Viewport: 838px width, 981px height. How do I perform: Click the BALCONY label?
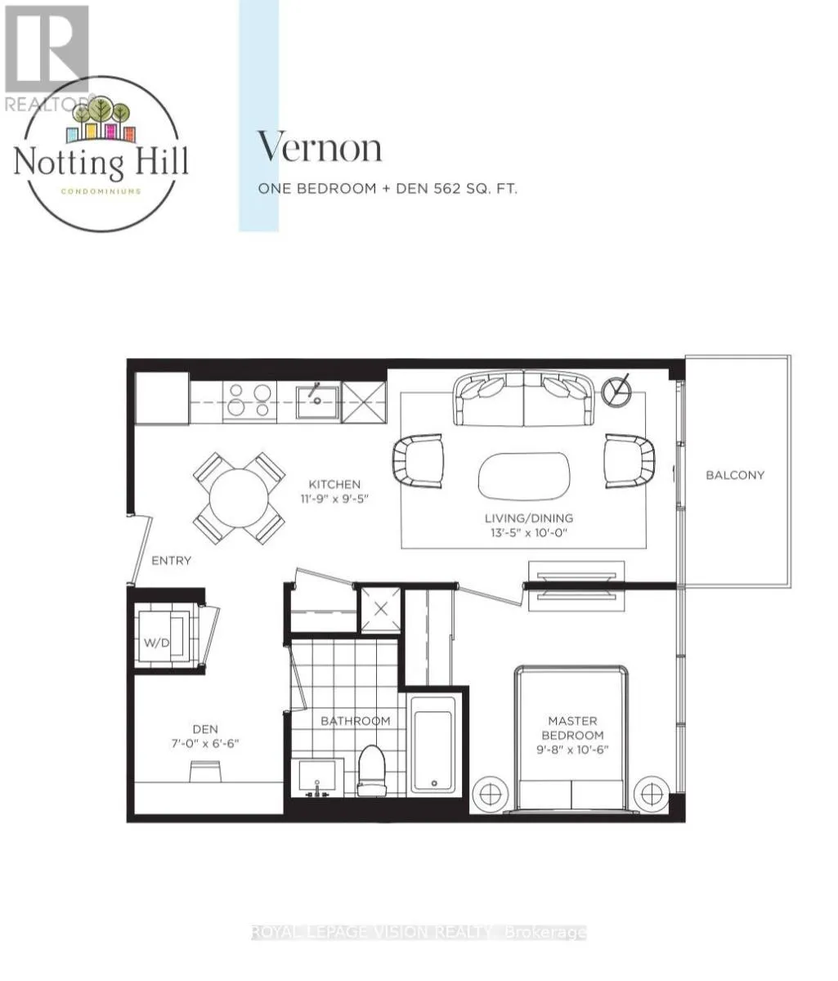click(x=734, y=475)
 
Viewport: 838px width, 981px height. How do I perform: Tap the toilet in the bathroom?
click(x=371, y=770)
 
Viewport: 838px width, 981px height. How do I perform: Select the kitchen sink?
click(x=317, y=402)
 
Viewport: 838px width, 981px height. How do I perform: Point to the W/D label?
click(x=157, y=643)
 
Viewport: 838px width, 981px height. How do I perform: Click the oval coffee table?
click(x=523, y=476)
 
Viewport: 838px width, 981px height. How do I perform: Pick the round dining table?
click(x=239, y=498)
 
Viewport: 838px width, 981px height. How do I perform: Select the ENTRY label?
click(x=172, y=561)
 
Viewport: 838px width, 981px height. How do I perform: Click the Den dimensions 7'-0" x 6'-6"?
click(x=205, y=743)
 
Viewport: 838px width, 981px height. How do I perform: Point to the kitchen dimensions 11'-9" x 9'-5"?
click(x=334, y=499)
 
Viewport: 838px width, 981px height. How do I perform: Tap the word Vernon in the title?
click(x=320, y=148)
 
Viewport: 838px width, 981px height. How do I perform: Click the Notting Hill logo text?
click(x=101, y=162)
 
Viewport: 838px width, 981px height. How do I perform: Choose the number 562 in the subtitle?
click(x=447, y=189)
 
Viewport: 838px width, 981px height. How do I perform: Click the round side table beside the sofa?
click(x=616, y=391)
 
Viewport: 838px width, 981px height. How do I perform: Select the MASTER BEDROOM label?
click(x=572, y=728)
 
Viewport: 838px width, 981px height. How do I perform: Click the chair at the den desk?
click(x=205, y=771)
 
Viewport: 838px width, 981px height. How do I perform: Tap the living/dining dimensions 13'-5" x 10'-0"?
click(x=529, y=532)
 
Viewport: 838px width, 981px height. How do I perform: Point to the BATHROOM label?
click(x=356, y=721)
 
